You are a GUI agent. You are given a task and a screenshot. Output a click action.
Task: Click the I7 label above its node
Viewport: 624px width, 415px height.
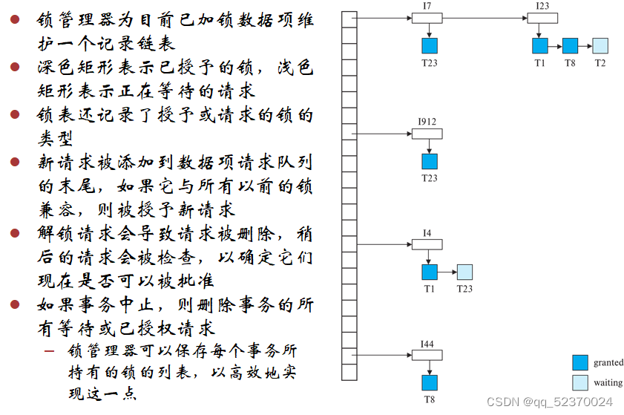427,6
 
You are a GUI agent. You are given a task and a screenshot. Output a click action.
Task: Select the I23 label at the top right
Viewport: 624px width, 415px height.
542,6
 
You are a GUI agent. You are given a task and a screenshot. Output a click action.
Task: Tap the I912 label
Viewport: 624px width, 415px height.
427,121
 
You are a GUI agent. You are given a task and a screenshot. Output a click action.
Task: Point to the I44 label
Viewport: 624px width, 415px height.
427,344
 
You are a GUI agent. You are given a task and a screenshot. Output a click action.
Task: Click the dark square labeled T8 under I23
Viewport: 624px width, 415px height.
570,45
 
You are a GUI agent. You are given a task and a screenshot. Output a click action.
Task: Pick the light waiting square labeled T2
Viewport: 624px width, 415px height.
600,45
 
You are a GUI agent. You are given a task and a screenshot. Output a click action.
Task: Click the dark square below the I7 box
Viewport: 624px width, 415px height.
430,45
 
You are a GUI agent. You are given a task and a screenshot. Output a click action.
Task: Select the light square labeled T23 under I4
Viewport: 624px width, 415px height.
464,272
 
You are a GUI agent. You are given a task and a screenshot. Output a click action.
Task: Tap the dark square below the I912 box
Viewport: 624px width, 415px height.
430,161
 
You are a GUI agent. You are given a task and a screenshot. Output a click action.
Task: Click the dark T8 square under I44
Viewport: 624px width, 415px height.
430,382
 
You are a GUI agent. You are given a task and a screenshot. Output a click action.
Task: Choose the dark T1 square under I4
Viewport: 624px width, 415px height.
430,272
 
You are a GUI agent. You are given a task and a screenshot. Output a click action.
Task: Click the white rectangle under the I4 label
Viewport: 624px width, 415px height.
427,244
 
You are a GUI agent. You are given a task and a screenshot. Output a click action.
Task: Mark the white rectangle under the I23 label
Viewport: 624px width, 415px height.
542,18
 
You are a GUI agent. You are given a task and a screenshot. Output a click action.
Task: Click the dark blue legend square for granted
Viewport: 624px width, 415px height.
580,362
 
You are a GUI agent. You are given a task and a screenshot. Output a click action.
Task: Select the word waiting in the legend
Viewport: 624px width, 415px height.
608,383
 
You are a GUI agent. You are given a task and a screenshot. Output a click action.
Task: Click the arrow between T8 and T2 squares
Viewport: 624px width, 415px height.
585,45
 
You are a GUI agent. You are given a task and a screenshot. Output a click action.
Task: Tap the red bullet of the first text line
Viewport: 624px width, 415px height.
15,20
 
